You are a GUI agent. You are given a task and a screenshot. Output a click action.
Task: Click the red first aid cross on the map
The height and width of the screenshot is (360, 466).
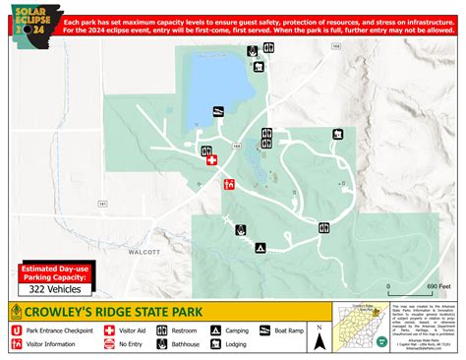pyautogui.click(x=209, y=159)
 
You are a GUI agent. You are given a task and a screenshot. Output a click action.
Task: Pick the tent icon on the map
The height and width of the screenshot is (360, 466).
pyautogui.click(x=261, y=248)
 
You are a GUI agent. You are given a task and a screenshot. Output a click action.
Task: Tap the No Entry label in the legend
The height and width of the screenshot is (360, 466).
pyautogui.click(x=133, y=345)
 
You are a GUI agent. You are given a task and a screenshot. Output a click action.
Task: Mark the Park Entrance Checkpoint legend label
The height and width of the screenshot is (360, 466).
pyautogui.click(x=60, y=331)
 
